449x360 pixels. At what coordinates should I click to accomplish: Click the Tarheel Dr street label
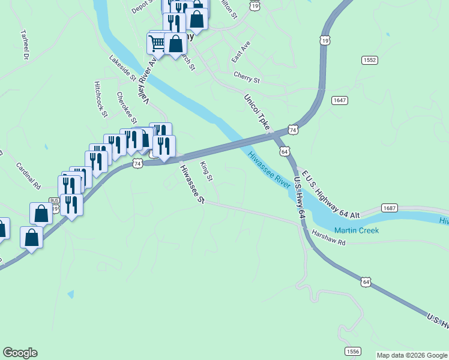coord(25,44)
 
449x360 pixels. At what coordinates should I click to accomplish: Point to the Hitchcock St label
coord(100,99)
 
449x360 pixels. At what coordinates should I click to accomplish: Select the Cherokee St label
coord(127,107)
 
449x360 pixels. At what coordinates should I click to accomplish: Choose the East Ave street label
coord(241,53)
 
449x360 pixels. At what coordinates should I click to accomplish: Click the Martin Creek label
coord(357,230)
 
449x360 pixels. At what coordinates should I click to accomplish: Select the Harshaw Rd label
coord(329,238)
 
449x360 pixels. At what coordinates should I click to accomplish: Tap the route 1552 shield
coord(369,60)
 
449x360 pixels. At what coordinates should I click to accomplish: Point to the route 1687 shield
coord(389,208)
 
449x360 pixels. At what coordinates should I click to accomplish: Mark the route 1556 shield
coord(352,350)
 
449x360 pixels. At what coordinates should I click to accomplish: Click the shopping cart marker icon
coord(157,42)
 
